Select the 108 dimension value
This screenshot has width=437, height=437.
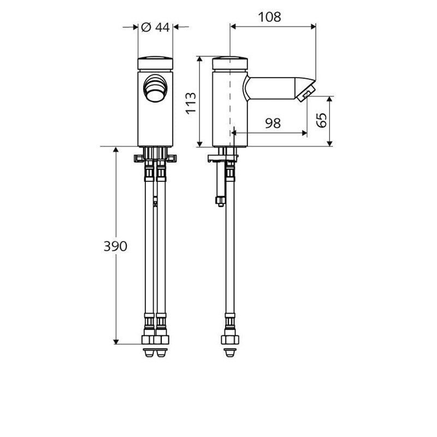coord(270,17)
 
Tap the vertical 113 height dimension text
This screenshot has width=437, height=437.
coord(191,102)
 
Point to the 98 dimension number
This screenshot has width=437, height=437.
coord(273,123)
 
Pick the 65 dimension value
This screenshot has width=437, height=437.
coord(322,120)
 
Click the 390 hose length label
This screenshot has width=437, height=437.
coord(115,246)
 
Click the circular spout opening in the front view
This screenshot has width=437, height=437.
coord(155,87)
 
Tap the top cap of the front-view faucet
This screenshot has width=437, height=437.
coord(155,61)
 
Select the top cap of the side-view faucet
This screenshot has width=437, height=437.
coord(229,61)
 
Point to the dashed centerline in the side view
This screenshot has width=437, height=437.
coord(232,109)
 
